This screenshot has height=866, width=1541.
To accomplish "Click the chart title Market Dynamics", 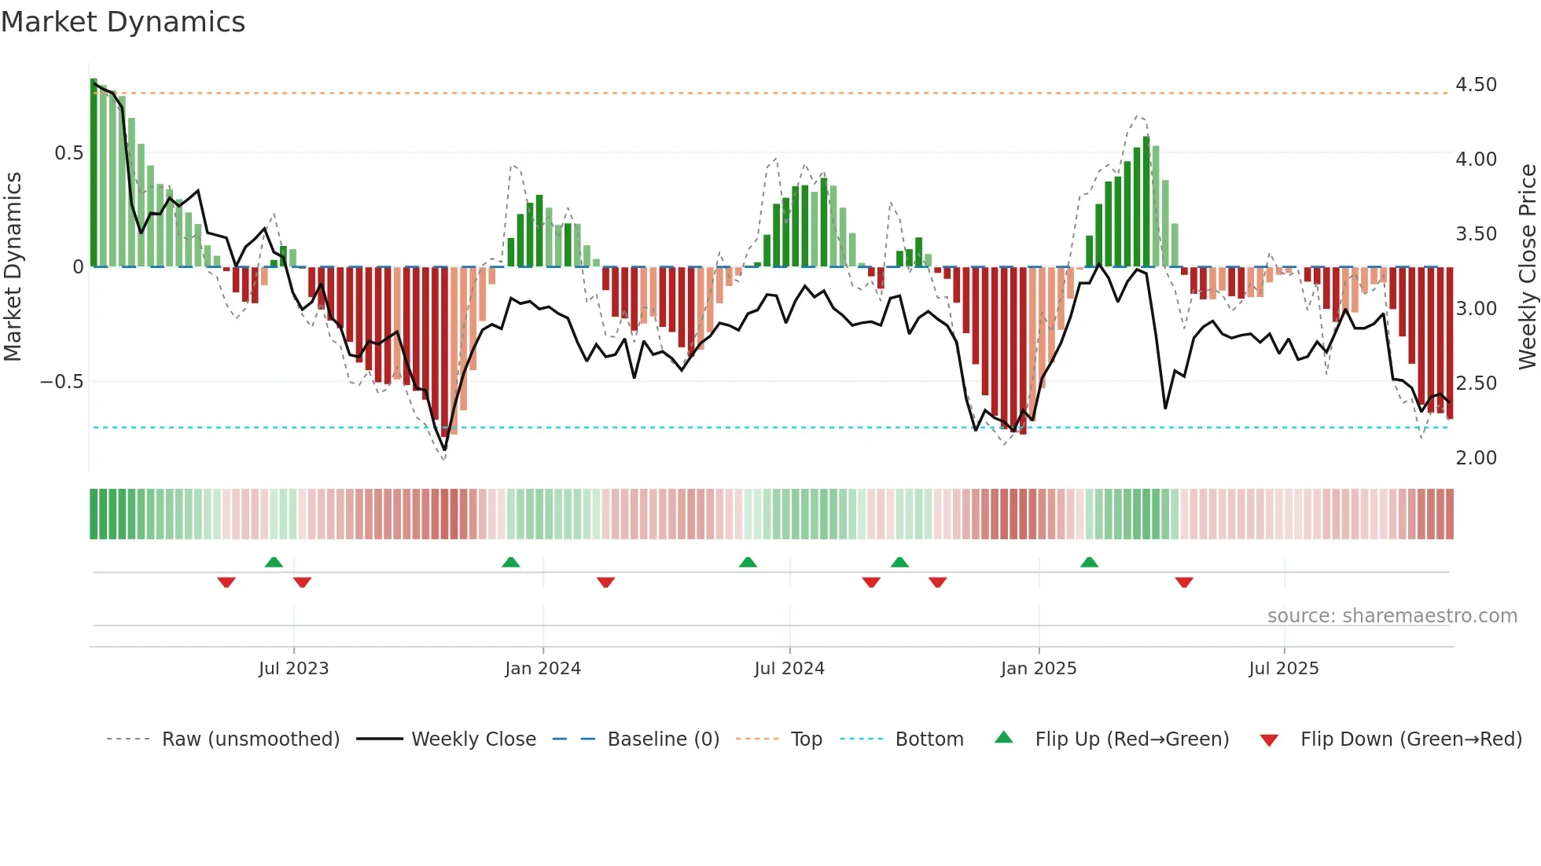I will (x=123, y=22).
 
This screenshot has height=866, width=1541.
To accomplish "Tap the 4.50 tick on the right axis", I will (x=1476, y=85).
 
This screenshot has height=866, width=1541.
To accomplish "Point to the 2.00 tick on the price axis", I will (x=1476, y=458).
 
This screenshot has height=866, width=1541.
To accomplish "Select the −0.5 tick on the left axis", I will (x=61, y=382).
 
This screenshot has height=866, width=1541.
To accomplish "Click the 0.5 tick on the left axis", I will (x=68, y=153).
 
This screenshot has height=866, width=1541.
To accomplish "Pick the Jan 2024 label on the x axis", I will (x=542, y=669).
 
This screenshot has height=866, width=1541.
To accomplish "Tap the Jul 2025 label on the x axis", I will (x=1283, y=669).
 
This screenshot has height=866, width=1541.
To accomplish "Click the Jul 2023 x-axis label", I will (x=293, y=669).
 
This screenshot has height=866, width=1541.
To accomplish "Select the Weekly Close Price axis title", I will (x=1527, y=267).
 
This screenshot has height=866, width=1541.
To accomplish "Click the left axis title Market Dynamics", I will (x=13, y=267).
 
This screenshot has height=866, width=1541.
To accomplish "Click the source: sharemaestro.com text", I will (x=1392, y=616).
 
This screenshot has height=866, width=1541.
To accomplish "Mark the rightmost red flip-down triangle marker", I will (x=1184, y=582).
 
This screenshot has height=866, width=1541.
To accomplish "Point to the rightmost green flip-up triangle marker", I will (x=1089, y=562).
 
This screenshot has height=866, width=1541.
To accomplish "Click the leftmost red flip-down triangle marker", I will (x=226, y=582).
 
